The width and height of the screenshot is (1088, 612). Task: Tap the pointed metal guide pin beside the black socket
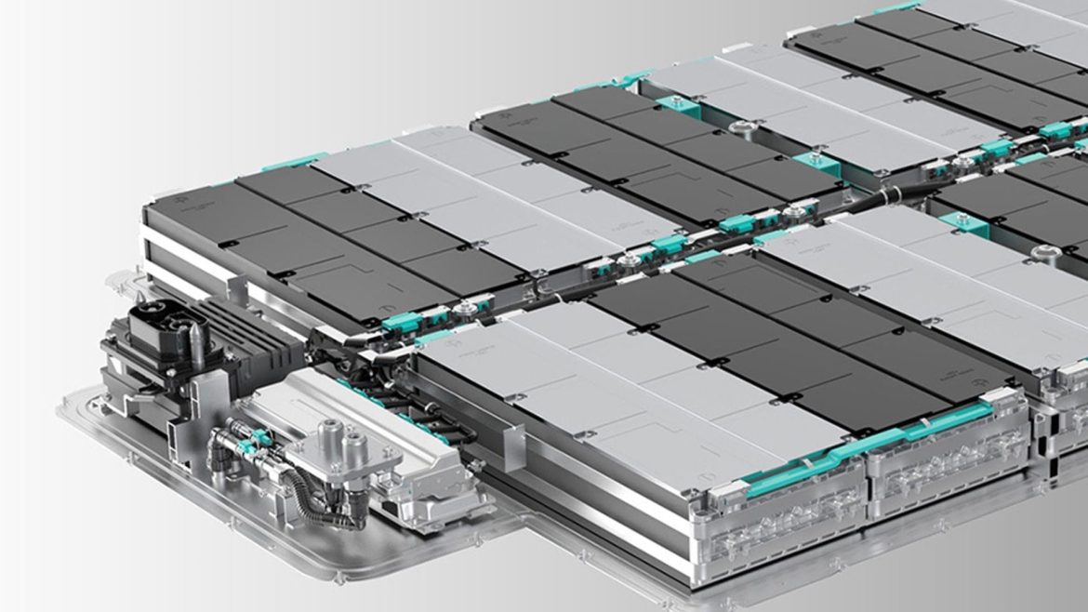pos(197,345)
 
